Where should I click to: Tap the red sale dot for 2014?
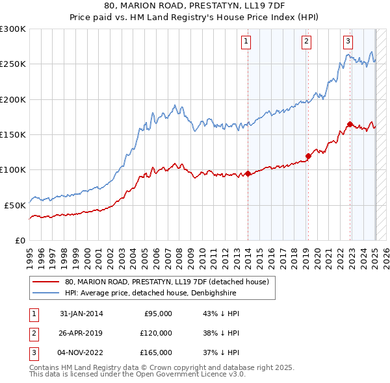[248, 173]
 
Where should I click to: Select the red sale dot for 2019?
[309, 156]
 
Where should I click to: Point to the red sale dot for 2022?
[350, 124]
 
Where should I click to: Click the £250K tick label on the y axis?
[13, 64]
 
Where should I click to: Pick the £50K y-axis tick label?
[15, 204]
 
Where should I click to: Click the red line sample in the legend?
[45, 282]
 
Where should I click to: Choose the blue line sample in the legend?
[45, 293]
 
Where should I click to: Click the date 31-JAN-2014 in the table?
[81, 314]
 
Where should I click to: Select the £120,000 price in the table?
[157, 333]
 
